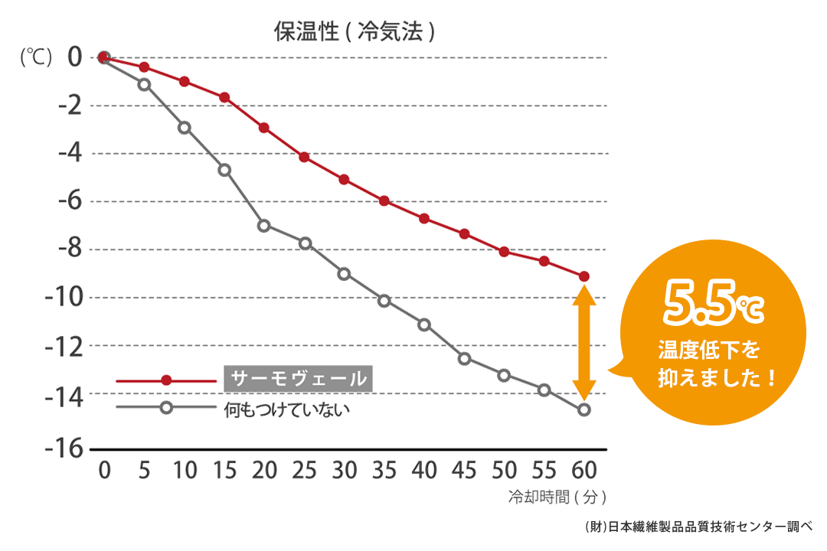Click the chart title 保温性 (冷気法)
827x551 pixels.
[x=355, y=31]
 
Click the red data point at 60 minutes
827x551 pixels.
[x=584, y=276]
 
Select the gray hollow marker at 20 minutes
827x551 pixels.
[x=264, y=225]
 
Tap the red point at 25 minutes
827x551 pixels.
[x=304, y=157]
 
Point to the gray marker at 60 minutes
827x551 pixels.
[x=584, y=409]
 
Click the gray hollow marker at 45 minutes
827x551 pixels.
[x=464, y=358]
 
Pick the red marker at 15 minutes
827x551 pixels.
[x=224, y=97]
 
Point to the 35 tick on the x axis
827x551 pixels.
[x=384, y=469]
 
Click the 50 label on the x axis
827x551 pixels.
[x=504, y=469]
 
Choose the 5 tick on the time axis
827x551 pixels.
[x=144, y=469]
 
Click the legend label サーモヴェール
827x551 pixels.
[x=299, y=379]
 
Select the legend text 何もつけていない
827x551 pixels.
[x=286, y=409]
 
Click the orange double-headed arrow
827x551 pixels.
[x=584, y=342]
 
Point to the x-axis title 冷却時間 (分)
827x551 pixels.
[x=557, y=497]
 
